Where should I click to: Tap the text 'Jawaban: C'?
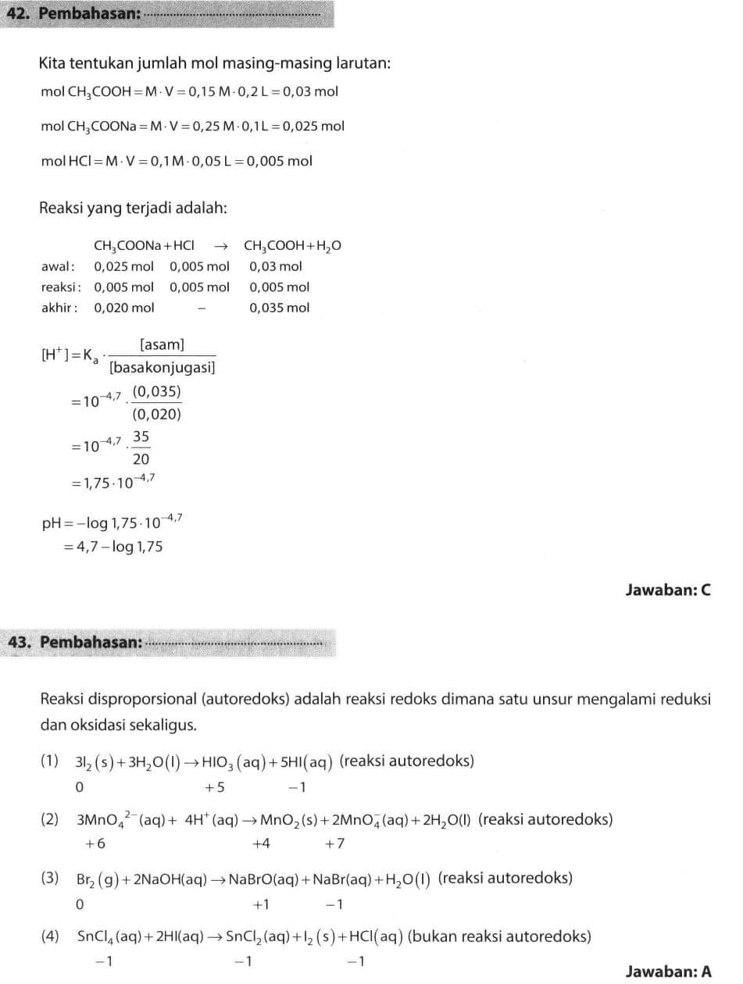[x=668, y=590]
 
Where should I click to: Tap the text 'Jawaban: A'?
[x=668, y=972]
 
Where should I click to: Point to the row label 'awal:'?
[x=58, y=267]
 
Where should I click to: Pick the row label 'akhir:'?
[x=59, y=308]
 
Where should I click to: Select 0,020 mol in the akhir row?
[x=123, y=308]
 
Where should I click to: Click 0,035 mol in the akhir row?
[x=279, y=308]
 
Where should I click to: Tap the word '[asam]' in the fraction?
[x=162, y=344]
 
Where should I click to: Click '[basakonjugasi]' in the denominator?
[x=163, y=366]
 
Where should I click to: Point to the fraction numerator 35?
[x=141, y=437]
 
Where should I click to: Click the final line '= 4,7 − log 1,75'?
[x=113, y=547]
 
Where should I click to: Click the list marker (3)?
[x=50, y=878]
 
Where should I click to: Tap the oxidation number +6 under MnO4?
[x=95, y=843]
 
